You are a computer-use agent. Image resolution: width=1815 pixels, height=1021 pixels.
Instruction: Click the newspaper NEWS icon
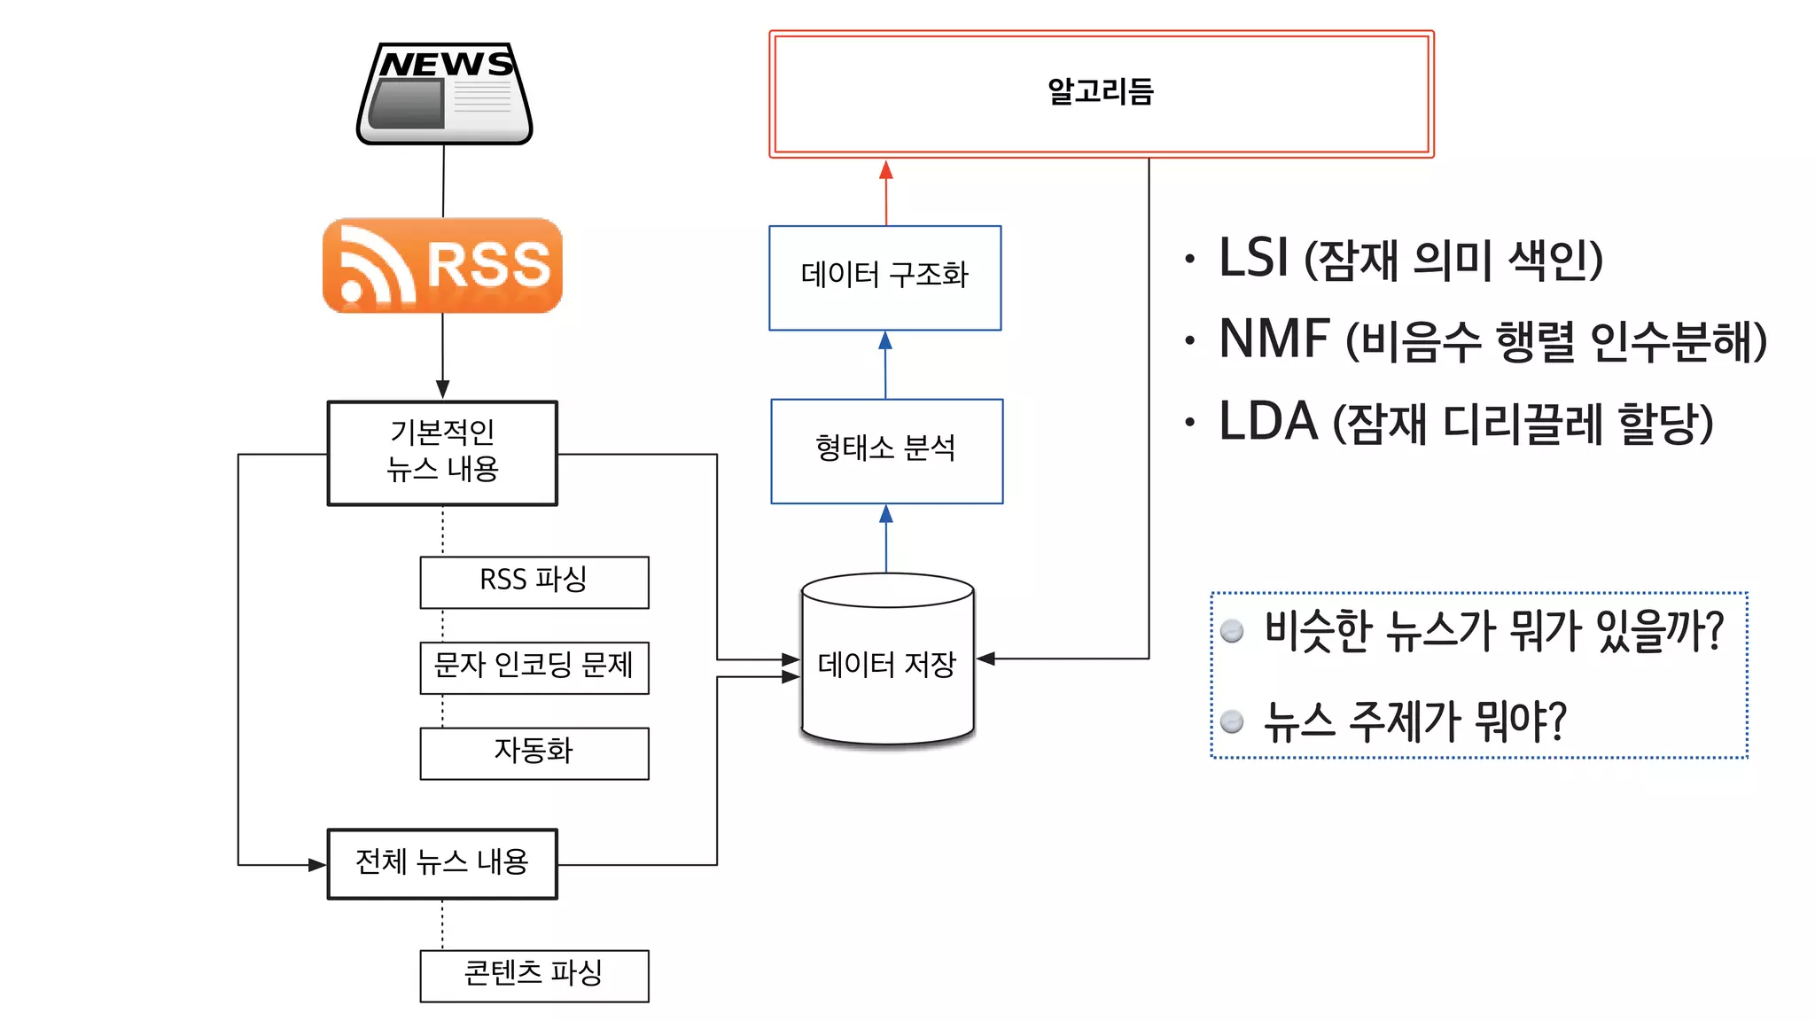coord(444,93)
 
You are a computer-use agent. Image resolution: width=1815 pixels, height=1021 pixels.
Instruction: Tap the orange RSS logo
coord(442,265)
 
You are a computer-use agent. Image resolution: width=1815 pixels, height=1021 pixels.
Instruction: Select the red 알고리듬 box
coord(1101,94)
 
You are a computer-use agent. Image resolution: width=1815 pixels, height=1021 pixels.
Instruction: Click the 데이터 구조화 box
coord(884,277)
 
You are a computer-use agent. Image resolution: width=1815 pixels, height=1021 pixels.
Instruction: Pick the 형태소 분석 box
coord(886,450)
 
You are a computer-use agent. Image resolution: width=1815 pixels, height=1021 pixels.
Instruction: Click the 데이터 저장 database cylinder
coord(887,660)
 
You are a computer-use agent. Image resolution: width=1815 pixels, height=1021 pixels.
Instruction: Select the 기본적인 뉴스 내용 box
coord(442,453)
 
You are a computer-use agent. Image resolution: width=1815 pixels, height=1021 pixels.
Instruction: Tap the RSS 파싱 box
coord(534,581)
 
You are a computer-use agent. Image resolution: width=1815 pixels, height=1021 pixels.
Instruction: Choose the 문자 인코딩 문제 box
coord(534,667)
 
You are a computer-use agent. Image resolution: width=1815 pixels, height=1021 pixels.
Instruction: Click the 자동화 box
coord(534,752)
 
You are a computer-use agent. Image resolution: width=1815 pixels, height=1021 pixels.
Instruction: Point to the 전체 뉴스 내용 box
coord(442,863)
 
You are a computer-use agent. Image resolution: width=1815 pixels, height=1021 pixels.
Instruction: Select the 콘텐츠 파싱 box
coord(534,975)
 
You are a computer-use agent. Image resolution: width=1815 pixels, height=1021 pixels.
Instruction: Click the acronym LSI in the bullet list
coord(1253,258)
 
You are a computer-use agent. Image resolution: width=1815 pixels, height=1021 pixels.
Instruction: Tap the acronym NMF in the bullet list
coord(1274,339)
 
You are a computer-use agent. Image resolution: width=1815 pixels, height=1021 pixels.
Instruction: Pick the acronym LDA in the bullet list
coord(1268,421)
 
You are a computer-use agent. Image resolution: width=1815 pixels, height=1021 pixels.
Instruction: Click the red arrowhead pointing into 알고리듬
coord(885,170)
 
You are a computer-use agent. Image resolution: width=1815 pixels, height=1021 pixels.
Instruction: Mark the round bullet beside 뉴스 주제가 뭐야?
coord(1232,721)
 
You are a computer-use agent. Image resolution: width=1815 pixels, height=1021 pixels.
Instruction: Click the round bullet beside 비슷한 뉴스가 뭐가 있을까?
coord(1232,630)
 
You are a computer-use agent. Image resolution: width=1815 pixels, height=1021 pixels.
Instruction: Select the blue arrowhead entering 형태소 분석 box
coord(885,514)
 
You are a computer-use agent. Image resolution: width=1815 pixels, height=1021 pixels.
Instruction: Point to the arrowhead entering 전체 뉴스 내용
coord(317,864)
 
